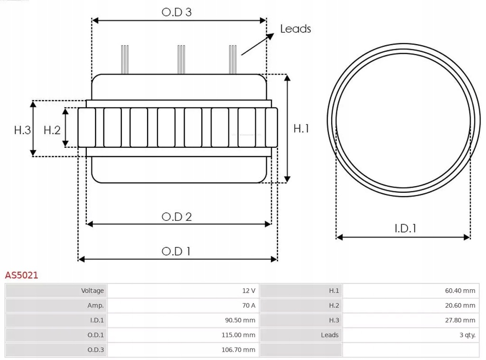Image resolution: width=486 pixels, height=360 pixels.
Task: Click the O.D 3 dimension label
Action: coord(177,12)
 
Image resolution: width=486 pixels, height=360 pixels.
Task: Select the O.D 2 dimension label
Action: coord(177,217)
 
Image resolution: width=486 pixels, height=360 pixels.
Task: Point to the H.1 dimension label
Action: coord(301,128)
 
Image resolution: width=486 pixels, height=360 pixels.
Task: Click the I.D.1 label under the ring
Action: coord(405,228)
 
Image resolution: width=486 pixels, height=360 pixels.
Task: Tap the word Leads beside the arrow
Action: coord(295,29)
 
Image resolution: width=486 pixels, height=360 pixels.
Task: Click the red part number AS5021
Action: coord(21,275)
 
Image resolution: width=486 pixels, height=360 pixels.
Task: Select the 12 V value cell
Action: coord(183,291)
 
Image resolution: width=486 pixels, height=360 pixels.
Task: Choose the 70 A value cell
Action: coord(183,305)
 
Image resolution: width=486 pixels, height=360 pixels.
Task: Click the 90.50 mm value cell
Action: coord(183,320)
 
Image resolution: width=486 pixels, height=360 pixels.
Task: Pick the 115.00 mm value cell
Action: coord(183,335)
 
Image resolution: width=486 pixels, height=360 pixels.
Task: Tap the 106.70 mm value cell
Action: coord(183,350)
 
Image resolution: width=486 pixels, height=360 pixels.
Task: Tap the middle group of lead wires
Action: coord(180,59)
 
